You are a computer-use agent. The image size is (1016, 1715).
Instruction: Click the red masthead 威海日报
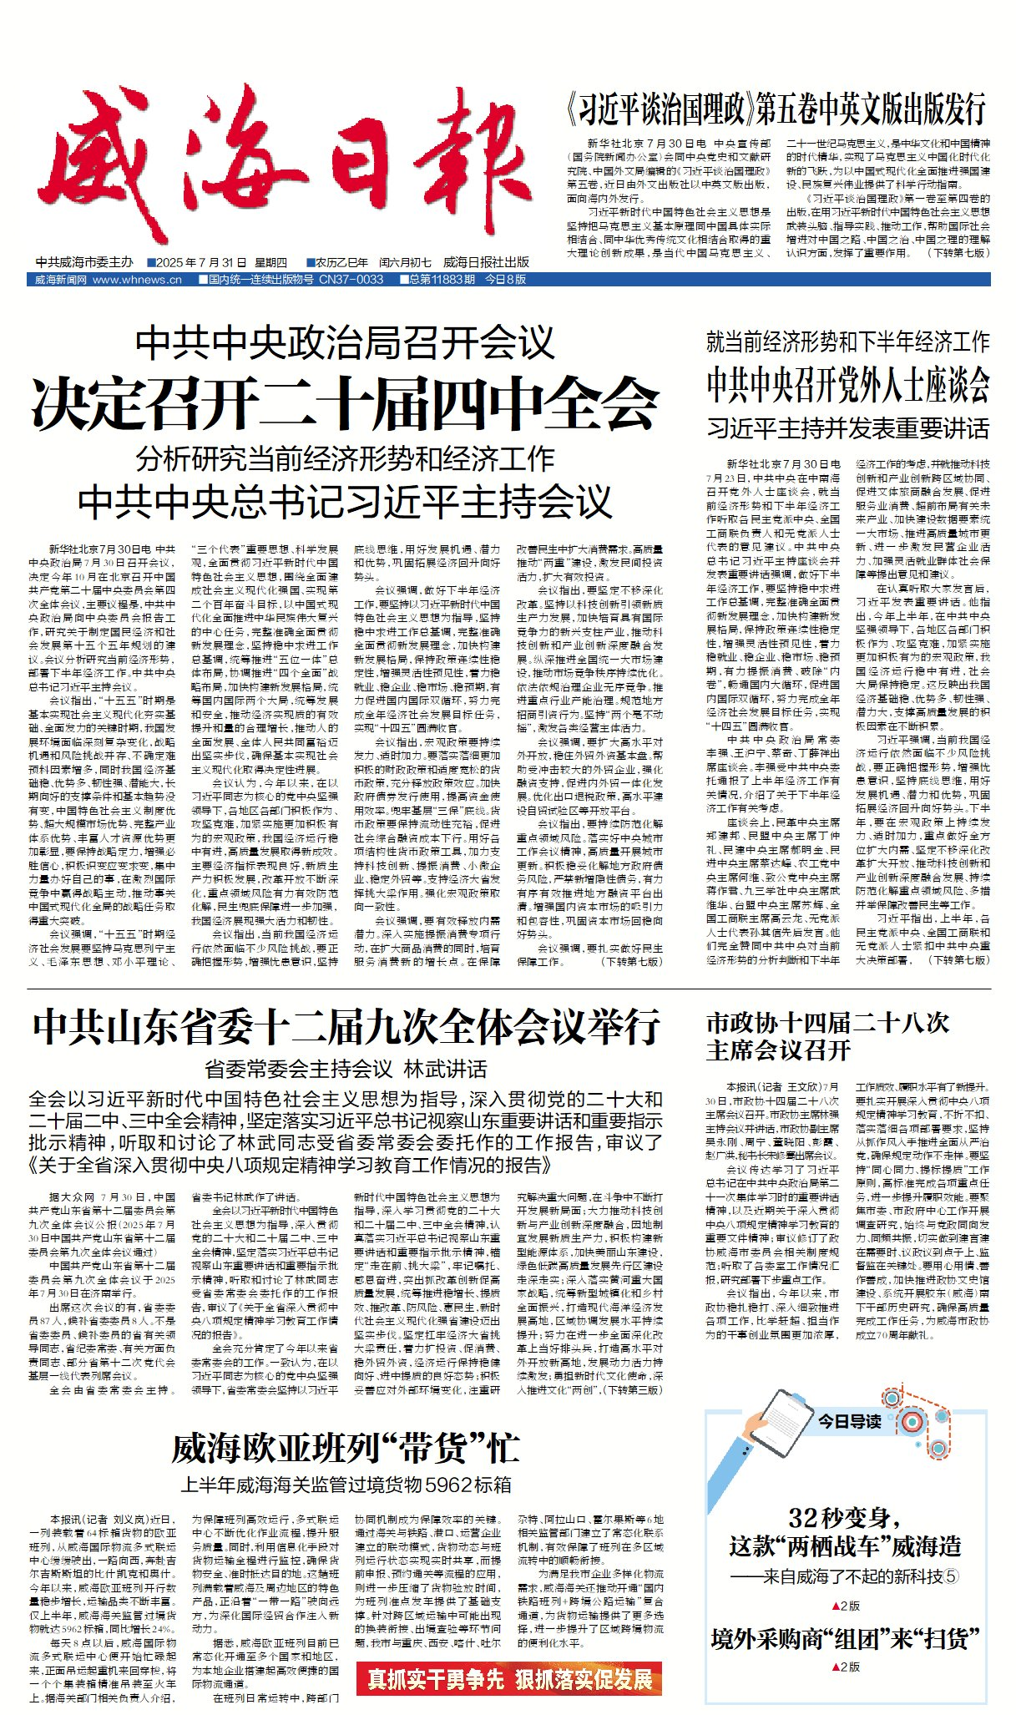tap(284, 167)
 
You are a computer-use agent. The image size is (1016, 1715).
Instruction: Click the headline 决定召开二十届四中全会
tap(345, 404)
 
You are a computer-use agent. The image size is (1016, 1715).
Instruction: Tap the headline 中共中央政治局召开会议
tap(345, 342)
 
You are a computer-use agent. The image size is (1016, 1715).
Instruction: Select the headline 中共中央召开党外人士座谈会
tap(847, 385)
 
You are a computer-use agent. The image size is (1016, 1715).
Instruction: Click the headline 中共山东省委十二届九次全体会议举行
tap(346, 1027)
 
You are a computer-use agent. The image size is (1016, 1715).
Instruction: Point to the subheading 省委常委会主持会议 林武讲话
tap(346, 1069)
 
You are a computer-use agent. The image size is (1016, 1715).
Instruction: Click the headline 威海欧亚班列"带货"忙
tap(346, 1449)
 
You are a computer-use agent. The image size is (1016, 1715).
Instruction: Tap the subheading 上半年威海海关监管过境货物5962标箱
tap(346, 1485)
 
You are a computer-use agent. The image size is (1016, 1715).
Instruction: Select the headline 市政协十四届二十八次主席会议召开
tap(827, 1036)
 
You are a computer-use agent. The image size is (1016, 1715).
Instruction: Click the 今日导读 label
tap(849, 1421)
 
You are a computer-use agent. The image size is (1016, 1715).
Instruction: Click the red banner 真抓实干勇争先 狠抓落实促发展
tap(509, 1678)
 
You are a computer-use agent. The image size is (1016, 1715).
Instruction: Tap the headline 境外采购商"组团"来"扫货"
tap(845, 1639)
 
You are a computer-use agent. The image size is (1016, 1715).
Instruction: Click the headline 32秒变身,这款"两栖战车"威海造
tap(845, 1532)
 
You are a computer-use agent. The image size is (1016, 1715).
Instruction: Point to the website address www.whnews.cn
tap(137, 280)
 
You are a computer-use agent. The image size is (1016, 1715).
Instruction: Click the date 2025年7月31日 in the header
tap(220, 262)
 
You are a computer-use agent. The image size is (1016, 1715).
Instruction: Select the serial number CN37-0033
tap(351, 280)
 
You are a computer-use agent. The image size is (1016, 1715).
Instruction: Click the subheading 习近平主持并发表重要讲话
tap(847, 429)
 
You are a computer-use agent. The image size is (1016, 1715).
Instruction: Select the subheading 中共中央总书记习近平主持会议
tap(345, 502)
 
